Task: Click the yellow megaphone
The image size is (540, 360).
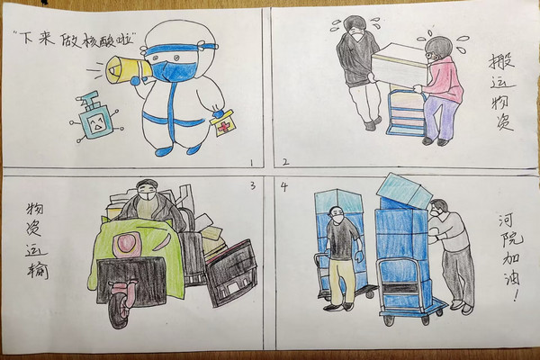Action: point(128,70)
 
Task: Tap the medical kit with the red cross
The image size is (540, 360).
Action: point(224,123)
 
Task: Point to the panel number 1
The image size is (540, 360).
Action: point(251,163)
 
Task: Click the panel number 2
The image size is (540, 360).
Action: point(285,162)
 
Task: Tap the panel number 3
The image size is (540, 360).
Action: point(253,186)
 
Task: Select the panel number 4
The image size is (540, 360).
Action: point(284,186)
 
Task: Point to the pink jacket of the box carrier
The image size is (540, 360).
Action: point(445,78)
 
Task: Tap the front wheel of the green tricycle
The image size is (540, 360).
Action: point(118,310)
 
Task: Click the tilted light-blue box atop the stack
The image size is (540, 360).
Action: point(405,191)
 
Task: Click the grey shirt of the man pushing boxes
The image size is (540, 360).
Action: point(448,231)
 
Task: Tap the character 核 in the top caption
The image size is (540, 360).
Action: point(82,41)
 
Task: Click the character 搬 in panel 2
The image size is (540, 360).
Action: point(501,63)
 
